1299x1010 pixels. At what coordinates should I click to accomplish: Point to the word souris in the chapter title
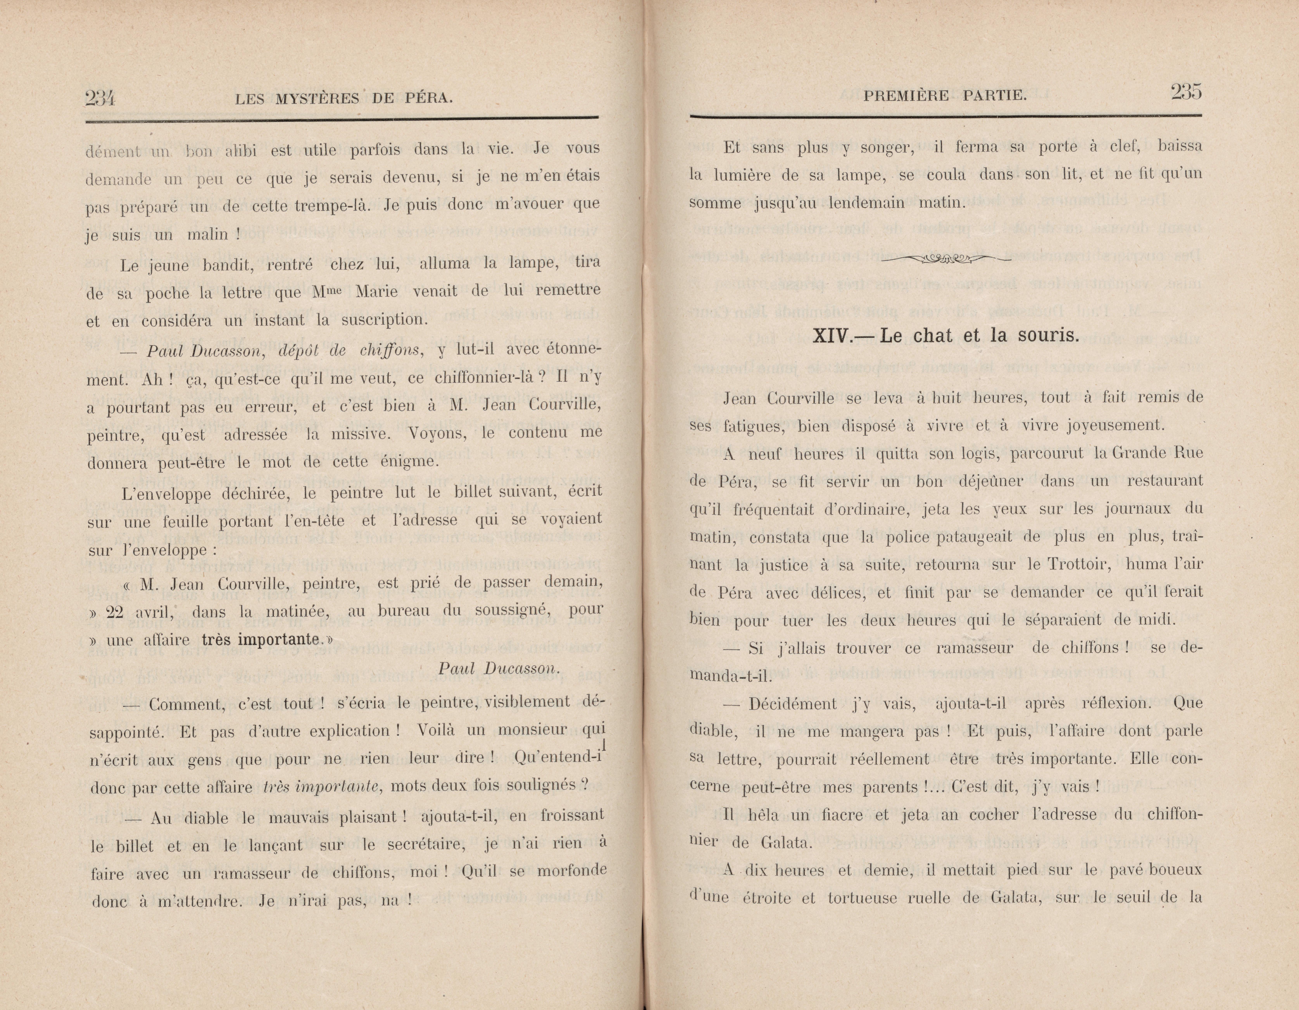tap(1047, 335)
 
